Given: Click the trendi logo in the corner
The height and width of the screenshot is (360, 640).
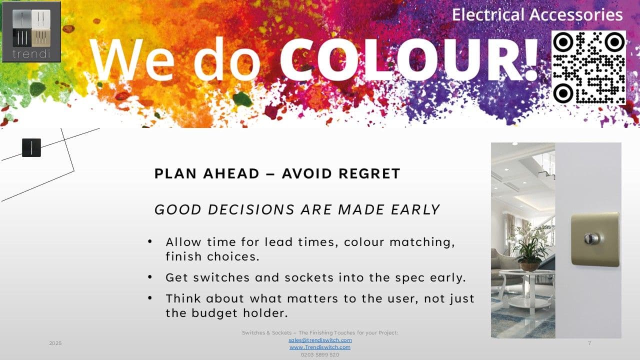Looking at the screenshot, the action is pos(31,31).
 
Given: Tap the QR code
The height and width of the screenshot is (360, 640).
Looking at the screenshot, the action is pos(589,67).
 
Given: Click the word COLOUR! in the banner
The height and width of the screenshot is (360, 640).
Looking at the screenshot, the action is pos(409,59).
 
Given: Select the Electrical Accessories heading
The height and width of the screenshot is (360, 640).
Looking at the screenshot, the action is pos(537,15).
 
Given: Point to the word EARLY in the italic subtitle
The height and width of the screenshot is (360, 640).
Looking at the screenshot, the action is pos(415,209).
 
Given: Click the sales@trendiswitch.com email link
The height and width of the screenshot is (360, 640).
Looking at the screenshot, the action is pos(320,340).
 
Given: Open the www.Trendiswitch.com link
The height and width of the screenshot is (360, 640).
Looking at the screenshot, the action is pos(320,347).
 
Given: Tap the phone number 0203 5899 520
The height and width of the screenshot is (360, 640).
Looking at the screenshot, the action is pos(320,354).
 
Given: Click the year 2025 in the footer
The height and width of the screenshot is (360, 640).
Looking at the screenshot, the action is pos(55,343).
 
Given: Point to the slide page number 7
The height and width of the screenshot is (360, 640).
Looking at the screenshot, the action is pos(589,343).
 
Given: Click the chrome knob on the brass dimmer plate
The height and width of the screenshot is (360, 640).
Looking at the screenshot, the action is pos(591,238).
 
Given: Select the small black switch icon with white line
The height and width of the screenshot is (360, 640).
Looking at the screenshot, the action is pos(31,147).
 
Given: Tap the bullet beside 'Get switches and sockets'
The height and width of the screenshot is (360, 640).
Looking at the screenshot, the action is pos(150,277).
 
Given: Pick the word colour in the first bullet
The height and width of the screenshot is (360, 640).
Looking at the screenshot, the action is pos(364,242).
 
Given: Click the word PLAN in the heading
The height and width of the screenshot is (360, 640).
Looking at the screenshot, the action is pos(175,173).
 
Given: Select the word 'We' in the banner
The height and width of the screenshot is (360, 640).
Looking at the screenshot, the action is pos(132,59).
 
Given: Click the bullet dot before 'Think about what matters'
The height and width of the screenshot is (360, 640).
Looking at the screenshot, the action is pos(150,298).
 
